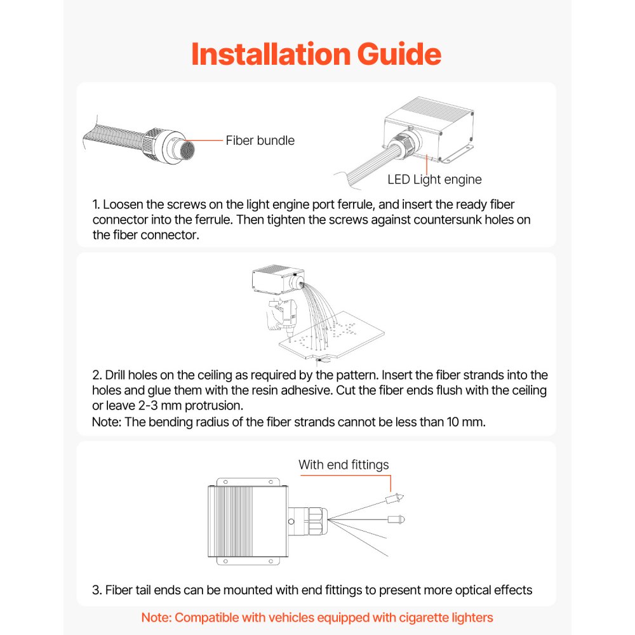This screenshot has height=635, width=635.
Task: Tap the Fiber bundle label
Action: point(260,140)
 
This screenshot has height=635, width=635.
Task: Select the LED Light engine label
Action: point(434,179)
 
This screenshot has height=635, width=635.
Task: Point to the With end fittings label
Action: point(344,465)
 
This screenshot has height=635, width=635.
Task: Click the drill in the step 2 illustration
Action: point(282,317)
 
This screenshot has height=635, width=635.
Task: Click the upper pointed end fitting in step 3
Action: point(395,498)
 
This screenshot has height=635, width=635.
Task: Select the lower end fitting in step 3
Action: point(396,519)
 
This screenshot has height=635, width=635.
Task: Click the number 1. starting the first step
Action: point(97,204)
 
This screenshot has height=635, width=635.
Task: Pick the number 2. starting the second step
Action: point(97,375)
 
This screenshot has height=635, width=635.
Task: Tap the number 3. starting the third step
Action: point(97,590)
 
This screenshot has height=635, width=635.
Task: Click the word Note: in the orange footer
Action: point(156,617)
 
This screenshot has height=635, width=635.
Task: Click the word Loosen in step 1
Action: point(124,204)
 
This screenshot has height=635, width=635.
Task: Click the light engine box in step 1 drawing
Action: point(429,127)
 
